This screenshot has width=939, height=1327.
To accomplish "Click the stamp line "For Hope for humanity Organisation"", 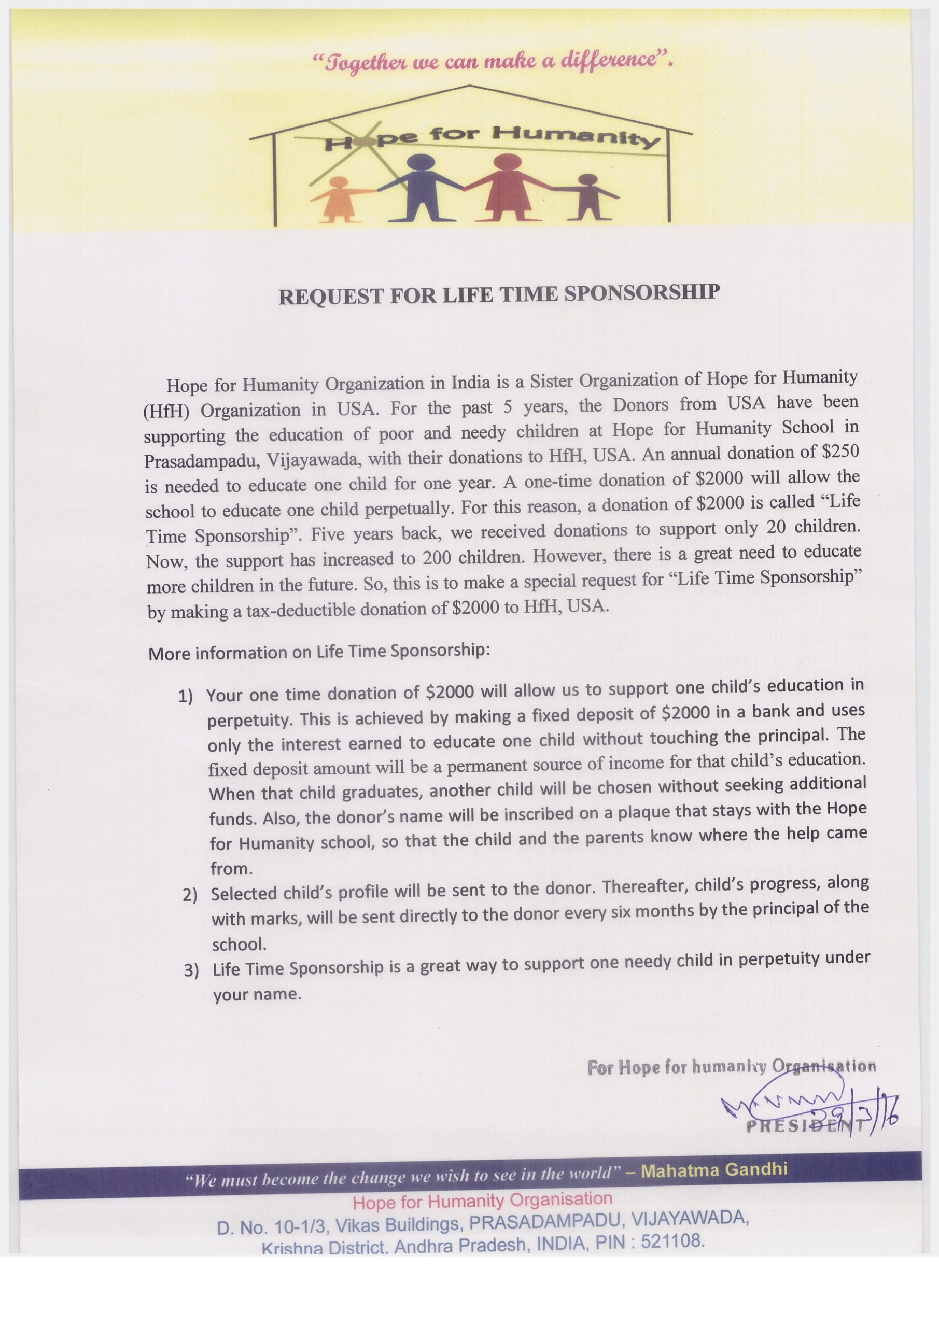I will tap(731, 1066).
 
